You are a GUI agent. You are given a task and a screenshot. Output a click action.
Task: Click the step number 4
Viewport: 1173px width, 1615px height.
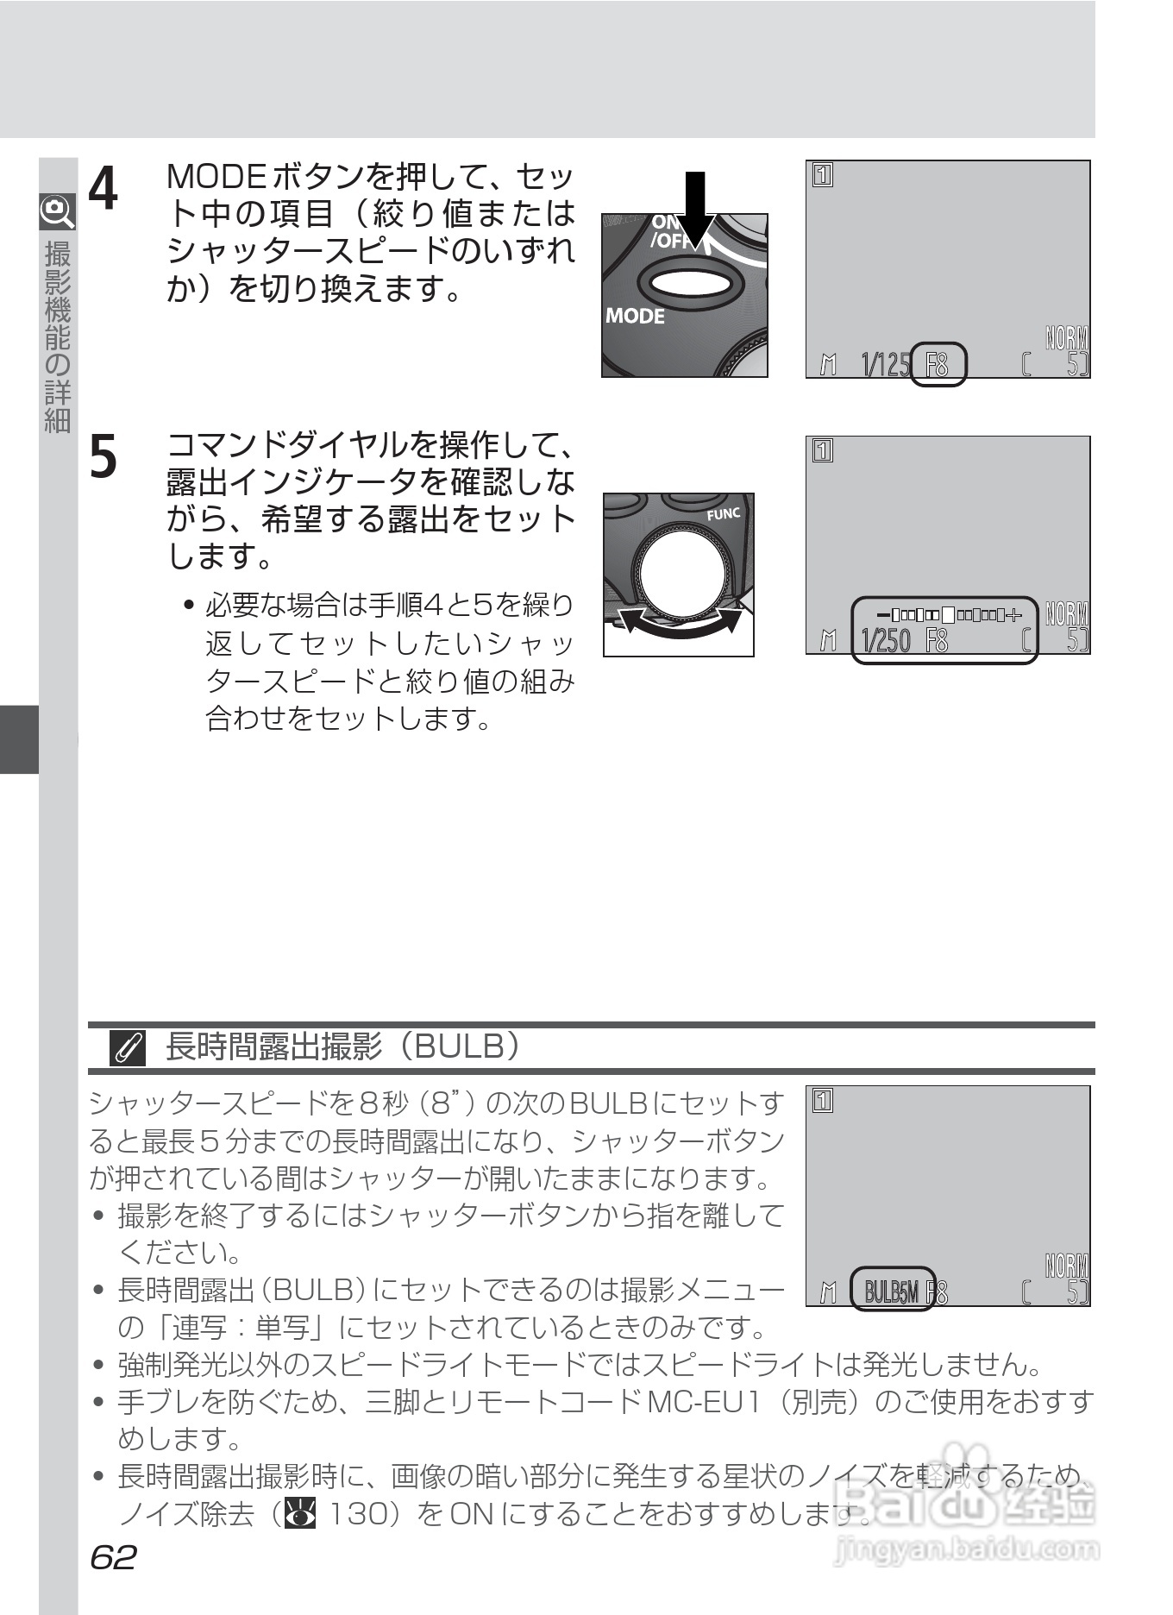tap(104, 189)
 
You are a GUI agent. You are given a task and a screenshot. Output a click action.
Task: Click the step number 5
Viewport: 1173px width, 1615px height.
tap(104, 456)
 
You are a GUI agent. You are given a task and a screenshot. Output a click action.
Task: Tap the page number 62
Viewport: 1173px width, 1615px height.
tap(113, 1558)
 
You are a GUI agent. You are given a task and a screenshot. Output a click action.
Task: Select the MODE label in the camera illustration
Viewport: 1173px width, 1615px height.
tap(635, 317)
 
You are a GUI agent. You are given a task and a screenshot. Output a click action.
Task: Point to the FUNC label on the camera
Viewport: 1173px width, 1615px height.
tap(723, 514)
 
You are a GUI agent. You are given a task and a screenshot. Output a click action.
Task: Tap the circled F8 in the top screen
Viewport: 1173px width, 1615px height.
tap(938, 365)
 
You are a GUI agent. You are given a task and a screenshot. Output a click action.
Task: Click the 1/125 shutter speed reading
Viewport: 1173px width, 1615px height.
tap(885, 365)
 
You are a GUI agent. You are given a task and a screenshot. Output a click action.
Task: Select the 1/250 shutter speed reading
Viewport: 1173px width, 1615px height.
tap(886, 641)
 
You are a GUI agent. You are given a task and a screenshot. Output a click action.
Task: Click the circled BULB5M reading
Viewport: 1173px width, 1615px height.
tap(892, 1291)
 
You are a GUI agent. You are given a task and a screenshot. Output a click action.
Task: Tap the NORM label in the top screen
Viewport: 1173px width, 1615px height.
tap(1066, 338)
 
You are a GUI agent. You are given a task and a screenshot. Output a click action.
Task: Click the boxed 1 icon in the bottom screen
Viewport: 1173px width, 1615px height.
tap(823, 1102)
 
